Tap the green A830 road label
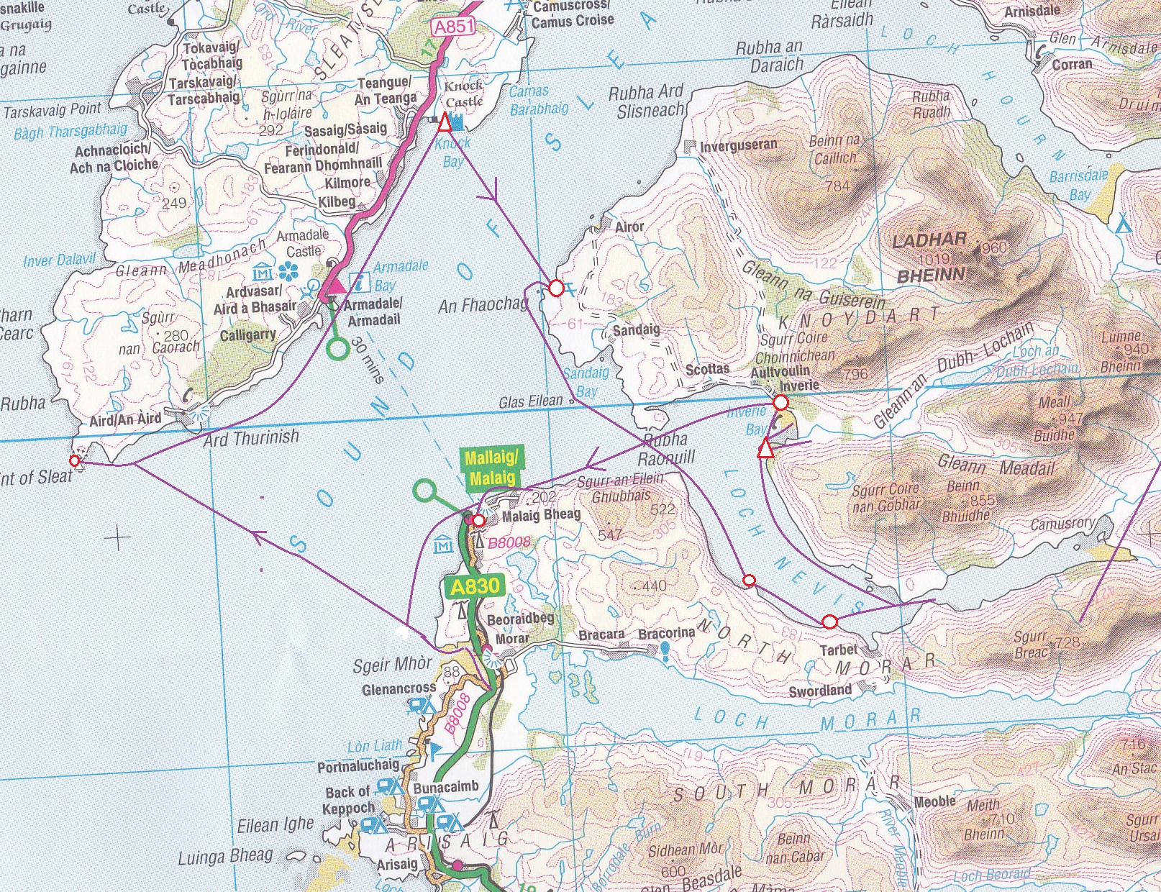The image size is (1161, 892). [474, 587]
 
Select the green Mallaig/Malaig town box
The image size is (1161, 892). [491, 469]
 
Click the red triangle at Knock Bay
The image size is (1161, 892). [445, 124]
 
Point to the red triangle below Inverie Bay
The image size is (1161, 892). [766, 451]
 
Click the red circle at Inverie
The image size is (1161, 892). [781, 402]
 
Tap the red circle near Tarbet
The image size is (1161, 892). [829, 621]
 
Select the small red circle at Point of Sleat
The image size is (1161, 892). [74, 460]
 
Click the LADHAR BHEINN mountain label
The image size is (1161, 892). [930, 258]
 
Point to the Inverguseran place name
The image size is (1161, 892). [739, 145]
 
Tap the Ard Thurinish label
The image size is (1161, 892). [250, 437]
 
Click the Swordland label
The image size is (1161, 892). [820, 691]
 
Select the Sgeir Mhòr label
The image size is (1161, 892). [392, 665]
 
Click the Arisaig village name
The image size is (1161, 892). [396, 864]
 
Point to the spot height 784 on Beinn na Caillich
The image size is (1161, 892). [837, 186]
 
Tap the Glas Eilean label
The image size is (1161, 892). [531, 401]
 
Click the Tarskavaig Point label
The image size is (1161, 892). [53, 111]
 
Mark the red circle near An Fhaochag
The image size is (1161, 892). [556, 288]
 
